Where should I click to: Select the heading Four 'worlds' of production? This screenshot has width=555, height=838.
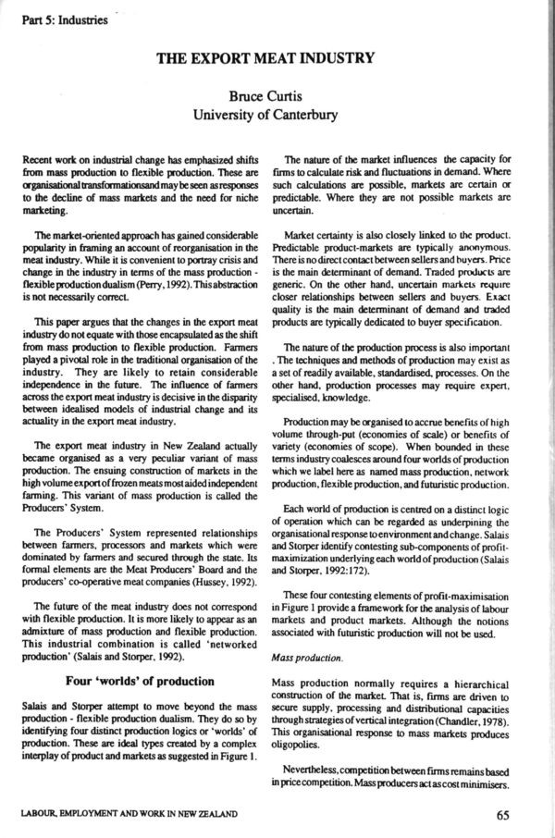click(138, 682)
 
